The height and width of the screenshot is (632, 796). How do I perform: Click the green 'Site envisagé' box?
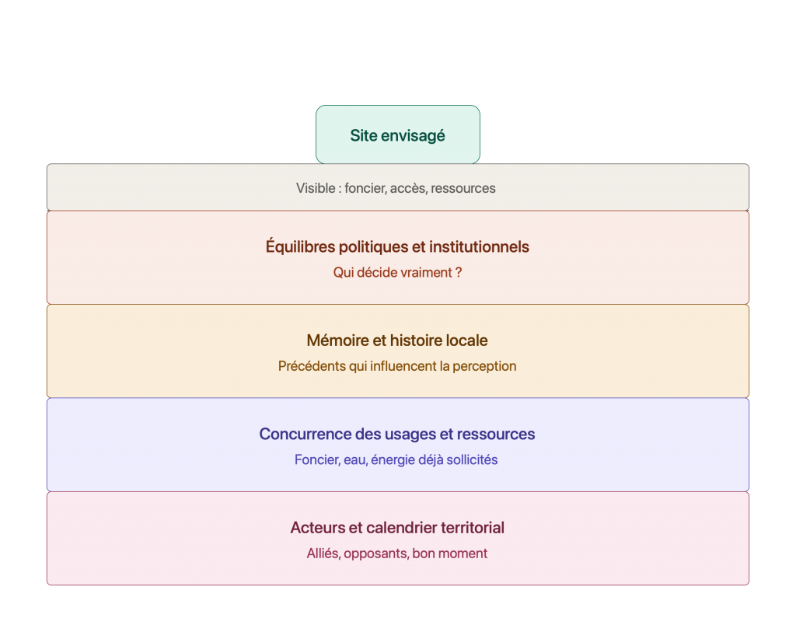(x=397, y=134)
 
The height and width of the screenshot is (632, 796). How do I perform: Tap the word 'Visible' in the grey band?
(x=316, y=188)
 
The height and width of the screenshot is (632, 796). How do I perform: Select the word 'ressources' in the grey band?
(x=463, y=188)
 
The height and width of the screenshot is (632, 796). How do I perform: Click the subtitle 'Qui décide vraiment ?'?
(x=397, y=273)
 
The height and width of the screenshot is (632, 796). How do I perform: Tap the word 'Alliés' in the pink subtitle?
(x=323, y=553)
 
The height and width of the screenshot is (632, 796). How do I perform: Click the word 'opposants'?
(x=375, y=553)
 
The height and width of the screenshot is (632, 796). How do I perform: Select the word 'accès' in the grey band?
(x=409, y=188)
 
